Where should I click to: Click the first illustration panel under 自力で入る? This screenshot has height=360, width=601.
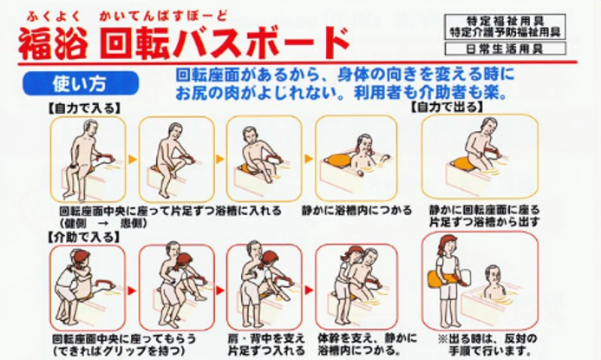click(x=84, y=160)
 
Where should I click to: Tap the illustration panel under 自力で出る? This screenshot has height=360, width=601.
click(x=479, y=157)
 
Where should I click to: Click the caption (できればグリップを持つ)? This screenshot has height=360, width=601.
click(x=107, y=350)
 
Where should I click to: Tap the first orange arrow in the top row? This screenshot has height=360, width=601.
click(x=132, y=160)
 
